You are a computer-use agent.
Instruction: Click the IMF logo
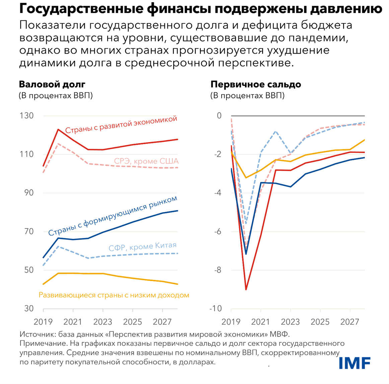click(355, 363)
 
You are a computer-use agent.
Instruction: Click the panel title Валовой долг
click(52, 84)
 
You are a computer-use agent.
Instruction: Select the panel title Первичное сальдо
click(256, 84)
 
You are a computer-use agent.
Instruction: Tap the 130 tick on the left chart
click(26, 116)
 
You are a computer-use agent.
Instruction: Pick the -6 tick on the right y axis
click(217, 232)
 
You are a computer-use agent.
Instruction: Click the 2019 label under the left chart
click(43, 322)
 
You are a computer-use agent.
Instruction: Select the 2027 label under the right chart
click(350, 322)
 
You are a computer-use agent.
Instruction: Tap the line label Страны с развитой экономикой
click(121, 125)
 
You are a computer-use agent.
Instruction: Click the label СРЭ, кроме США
click(146, 161)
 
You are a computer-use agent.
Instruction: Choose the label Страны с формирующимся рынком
click(112, 216)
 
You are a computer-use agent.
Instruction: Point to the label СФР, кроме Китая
click(142, 247)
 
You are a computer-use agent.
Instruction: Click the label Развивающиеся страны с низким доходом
click(114, 295)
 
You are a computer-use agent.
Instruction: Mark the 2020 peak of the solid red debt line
click(58, 129)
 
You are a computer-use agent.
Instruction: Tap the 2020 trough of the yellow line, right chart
click(246, 178)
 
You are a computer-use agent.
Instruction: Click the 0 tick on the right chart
click(219, 116)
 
